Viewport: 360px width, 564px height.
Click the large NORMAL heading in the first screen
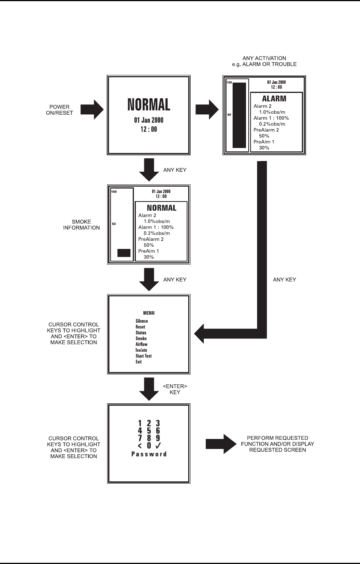(148, 104)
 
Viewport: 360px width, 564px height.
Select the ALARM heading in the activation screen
(274, 99)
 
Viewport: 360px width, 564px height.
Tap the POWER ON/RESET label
(59, 110)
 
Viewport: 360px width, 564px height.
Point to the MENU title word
(148, 313)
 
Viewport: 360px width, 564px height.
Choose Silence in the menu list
(142, 321)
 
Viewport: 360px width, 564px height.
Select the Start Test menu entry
(143, 356)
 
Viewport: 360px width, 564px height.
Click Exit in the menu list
(138, 362)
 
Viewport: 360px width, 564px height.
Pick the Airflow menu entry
(141, 345)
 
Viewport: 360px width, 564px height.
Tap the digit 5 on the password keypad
(149, 431)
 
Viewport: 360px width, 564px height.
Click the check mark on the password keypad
(158, 445)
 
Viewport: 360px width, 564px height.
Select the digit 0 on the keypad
(149, 445)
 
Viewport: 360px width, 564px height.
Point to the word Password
(149, 454)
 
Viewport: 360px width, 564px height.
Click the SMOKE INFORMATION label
(81, 224)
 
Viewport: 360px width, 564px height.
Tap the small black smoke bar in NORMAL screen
(124, 253)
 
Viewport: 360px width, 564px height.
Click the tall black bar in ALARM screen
(239, 115)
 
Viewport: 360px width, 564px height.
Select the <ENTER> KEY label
(175, 389)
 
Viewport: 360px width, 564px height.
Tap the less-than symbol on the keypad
(140, 445)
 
